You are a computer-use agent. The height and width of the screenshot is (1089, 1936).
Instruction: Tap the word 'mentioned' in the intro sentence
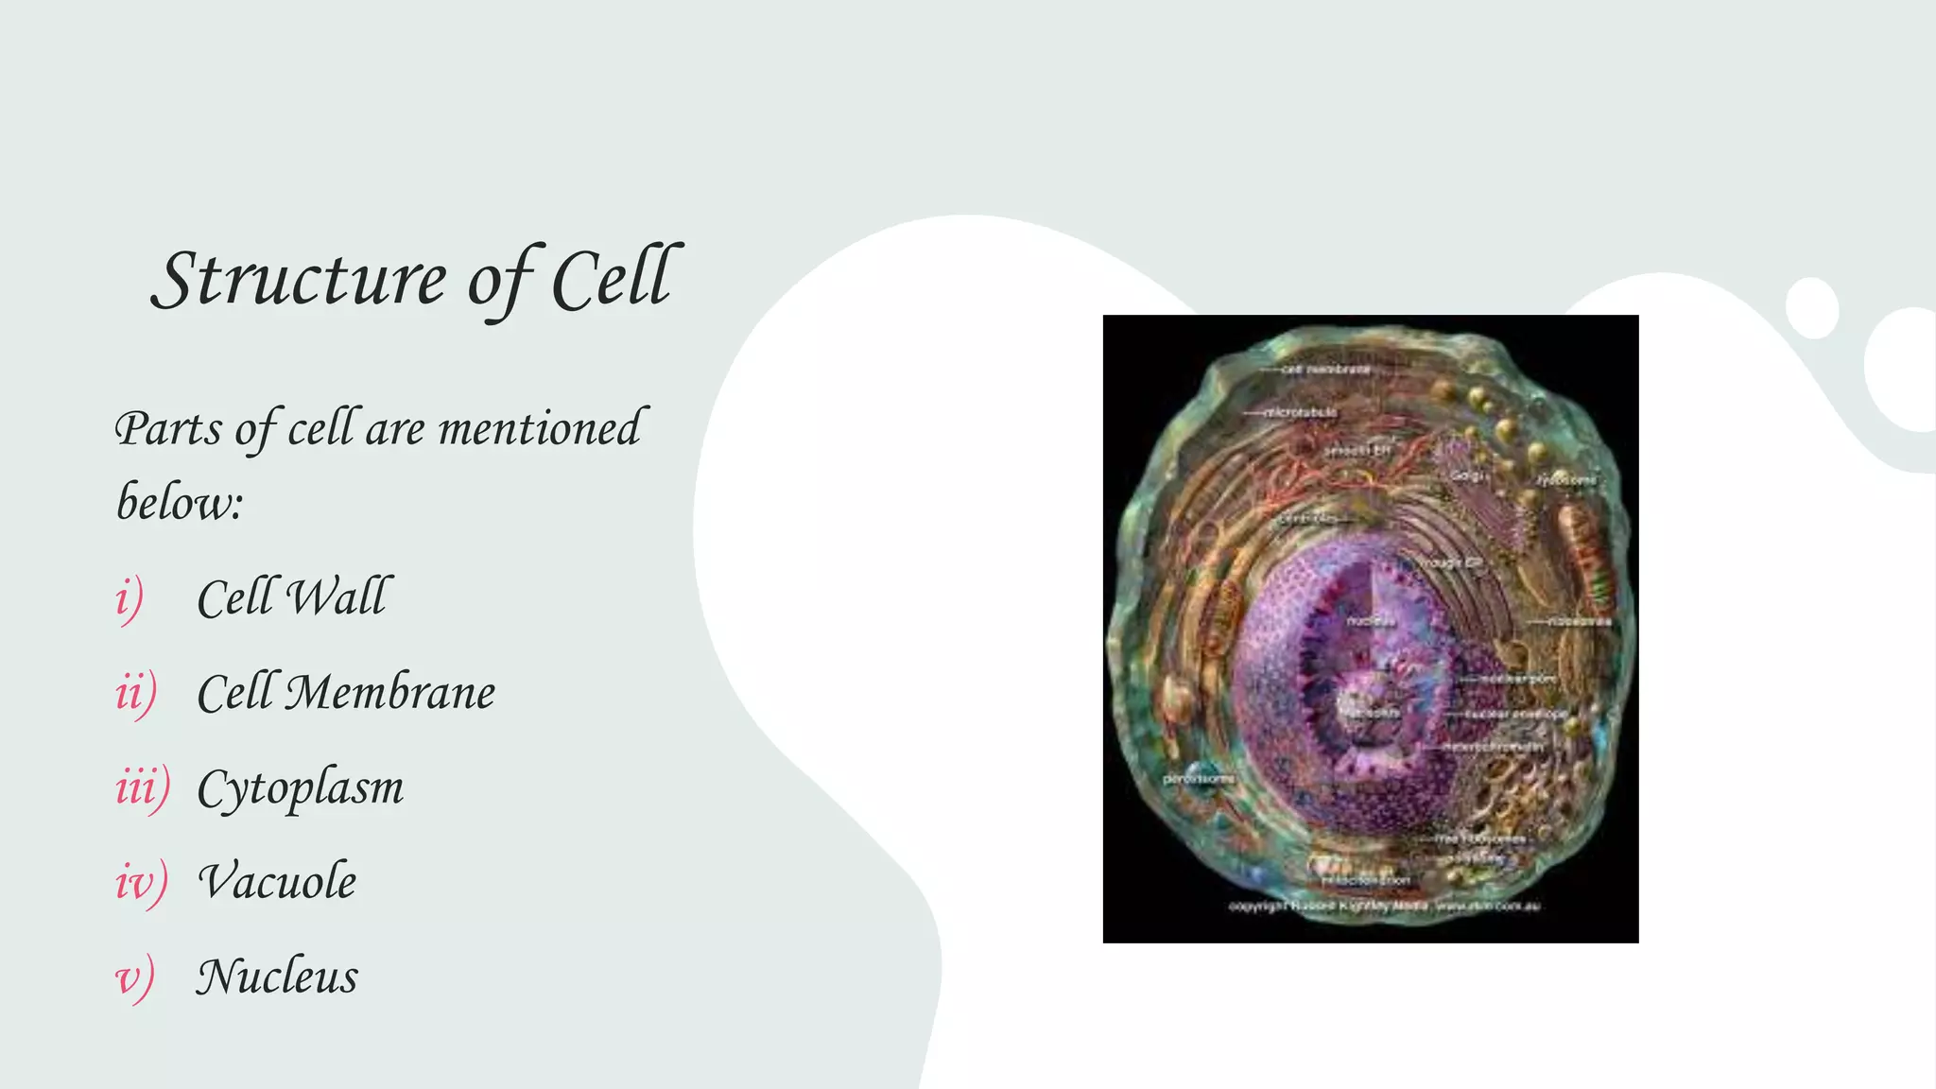click(x=540, y=428)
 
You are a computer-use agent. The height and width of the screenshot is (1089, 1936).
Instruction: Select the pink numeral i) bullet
click(x=130, y=598)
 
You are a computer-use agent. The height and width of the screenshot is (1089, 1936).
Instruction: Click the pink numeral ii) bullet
click(x=135, y=693)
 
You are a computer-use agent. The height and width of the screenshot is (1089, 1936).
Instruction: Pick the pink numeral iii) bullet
click(x=142, y=787)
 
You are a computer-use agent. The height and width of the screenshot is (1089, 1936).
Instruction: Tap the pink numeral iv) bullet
click(x=141, y=882)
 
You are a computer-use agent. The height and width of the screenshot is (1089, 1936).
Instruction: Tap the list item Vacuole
click(x=277, y=882)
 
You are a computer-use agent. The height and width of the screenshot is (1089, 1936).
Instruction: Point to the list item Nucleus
click(x=277, y=977)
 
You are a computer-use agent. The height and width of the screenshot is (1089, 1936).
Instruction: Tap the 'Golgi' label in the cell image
click(x=1468, y=475)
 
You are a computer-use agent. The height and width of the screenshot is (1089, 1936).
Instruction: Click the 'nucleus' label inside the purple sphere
click(x=1371, y=621)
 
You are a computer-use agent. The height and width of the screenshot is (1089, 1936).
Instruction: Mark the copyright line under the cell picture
click(x=1384, y=906)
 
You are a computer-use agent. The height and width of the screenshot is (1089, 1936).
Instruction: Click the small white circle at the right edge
click(x=1812, y=308)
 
